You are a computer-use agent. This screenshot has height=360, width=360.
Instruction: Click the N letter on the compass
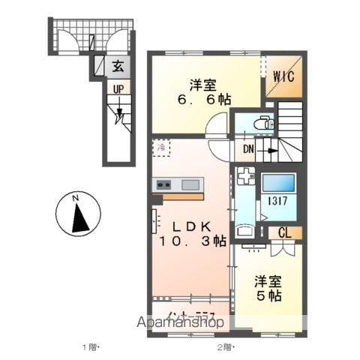coord(76,198)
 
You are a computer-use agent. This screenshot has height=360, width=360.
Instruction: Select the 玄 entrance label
coord(118,67)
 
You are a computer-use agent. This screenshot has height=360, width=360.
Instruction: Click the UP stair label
coord(118,89)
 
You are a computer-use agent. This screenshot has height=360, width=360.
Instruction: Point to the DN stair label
coord(248,149)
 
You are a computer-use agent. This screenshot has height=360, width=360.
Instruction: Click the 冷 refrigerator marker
coord(161,148)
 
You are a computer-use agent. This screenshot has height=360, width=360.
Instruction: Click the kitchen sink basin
coord(190,184)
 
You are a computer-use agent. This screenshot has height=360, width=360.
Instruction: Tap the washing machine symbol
coord(245,178)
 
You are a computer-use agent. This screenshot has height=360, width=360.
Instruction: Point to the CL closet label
coord(285,232)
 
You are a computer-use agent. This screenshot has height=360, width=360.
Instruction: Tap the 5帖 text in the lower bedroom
coord(266,296)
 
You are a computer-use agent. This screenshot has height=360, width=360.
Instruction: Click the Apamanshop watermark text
coord(180,322)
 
